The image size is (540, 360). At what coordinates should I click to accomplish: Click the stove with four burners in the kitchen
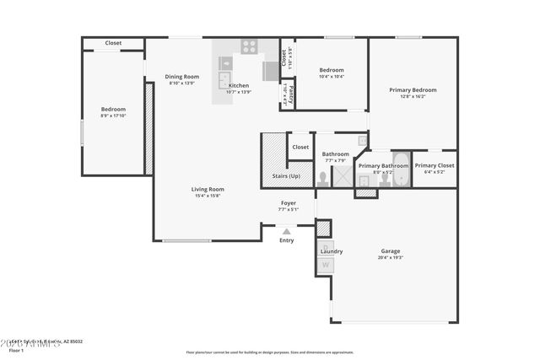[x=250, y=47]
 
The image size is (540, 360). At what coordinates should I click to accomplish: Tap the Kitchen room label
[x=239, y=85]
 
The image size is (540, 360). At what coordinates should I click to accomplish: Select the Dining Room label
[x=181, y=77]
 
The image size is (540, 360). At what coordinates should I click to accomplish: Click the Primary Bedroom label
[x=413, y=89]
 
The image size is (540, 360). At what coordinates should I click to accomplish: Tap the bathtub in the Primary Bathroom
[x=401, y=171]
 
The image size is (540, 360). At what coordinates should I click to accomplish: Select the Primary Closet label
[x=435, y=165]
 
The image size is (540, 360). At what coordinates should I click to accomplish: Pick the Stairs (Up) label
[x=286, y=176]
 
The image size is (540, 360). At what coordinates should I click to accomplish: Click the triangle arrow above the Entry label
[x=287, y=230]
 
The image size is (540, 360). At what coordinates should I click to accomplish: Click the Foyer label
[x=289, y=202]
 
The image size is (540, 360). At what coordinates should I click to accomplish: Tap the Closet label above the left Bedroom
[x=113, y=43]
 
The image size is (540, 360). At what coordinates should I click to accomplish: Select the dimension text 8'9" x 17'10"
[x=113, y=116]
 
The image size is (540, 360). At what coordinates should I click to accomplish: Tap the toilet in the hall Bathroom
[x=323, y=178]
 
